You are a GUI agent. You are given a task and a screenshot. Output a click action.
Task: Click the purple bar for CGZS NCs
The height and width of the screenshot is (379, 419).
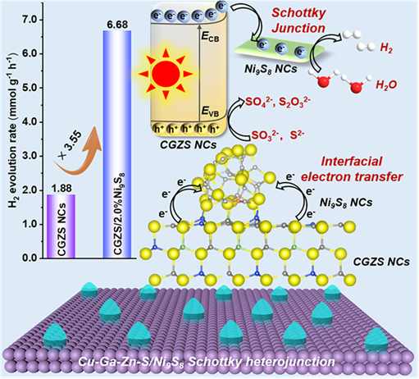point(61,226)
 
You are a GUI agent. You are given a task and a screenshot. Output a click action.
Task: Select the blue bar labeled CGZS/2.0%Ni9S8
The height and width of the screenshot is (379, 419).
point(117,144)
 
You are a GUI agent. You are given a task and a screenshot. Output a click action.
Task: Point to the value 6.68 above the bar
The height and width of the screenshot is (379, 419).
point(117,25)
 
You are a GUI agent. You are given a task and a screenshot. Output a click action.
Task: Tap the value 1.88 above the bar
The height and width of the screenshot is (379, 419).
point(61,189)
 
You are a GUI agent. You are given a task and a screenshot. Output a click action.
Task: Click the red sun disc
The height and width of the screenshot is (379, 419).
point(166,73)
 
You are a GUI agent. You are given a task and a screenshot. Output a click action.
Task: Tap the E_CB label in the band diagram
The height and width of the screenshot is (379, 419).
point(210,37)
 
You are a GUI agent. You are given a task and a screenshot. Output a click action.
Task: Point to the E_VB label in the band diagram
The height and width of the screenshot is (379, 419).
point(210,112)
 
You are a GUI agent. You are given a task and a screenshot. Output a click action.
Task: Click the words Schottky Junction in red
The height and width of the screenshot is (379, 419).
point(298,21)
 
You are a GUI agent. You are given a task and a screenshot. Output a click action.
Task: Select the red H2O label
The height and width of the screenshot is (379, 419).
point(386,85)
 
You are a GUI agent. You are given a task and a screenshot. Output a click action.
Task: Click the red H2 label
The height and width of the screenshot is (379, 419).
point(386,48)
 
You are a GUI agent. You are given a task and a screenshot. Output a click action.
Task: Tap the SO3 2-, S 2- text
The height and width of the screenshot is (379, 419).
point(278,135)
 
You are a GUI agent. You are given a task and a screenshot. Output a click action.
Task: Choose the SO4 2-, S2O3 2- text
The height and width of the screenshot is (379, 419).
point(278,102)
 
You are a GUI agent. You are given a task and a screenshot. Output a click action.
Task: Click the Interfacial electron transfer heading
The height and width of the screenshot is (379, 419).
point(352,169)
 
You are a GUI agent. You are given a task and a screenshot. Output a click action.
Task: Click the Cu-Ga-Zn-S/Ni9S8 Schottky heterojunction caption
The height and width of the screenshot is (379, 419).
point(207,362)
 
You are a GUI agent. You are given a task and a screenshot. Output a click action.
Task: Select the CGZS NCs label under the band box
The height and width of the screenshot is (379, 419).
point(188,144)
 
